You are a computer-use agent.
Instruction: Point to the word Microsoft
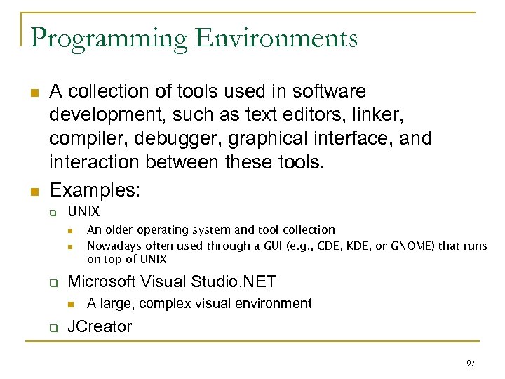coord(101,282)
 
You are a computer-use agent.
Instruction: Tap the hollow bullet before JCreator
coord(51,327)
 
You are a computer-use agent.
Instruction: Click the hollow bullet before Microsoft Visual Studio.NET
coord(51,283)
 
